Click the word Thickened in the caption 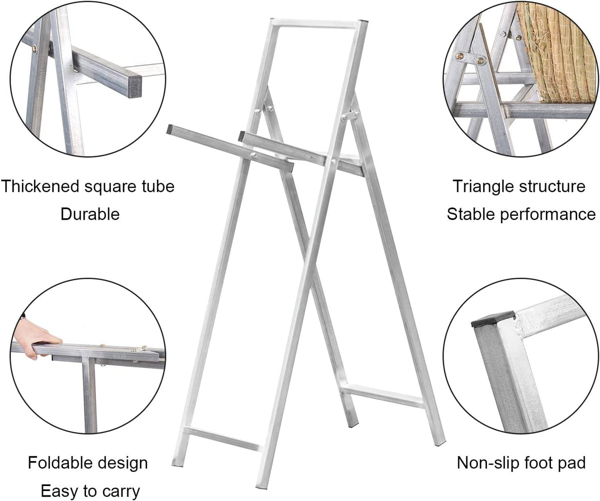coord(40,186)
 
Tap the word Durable coord(90,214)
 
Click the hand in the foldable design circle coord(37,338)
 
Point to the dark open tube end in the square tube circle coord(131,88)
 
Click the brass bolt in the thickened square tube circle coord(35,49)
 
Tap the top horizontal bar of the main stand coord(319,24)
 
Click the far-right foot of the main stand coord(441,443)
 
